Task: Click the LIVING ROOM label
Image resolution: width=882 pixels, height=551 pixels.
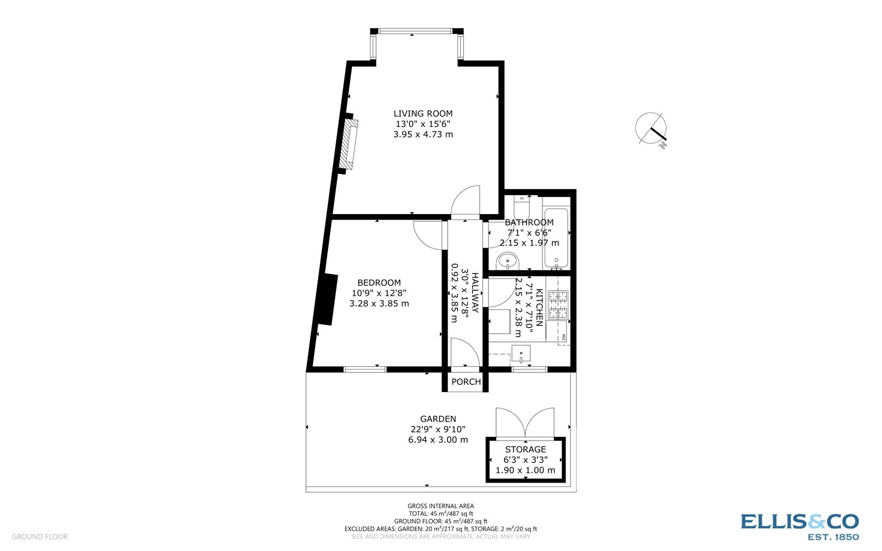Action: click(423, 114)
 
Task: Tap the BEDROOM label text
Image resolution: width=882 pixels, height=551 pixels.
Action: click(379, 283)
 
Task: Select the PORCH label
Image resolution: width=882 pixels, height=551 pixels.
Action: click(466, 382)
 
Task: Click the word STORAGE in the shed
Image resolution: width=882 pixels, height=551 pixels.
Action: click(525, 450)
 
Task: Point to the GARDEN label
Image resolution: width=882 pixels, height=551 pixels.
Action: click(438, 419)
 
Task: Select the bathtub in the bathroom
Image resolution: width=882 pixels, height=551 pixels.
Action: click(556, 238)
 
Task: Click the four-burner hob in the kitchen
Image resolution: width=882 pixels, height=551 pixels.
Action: click(558, 304)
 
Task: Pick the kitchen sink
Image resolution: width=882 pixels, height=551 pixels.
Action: click(521, 354)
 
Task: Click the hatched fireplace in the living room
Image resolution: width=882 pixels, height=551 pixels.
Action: click(349, 144)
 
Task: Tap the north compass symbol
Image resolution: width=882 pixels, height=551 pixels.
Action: click(651, 130)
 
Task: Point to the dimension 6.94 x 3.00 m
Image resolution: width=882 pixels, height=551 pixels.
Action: click(438, 440)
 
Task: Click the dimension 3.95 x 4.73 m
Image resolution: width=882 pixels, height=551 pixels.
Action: click(423, 135)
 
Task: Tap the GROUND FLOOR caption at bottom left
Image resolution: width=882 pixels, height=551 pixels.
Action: click(40, 537)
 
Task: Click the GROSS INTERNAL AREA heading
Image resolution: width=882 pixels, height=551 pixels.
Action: click(440, 506)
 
